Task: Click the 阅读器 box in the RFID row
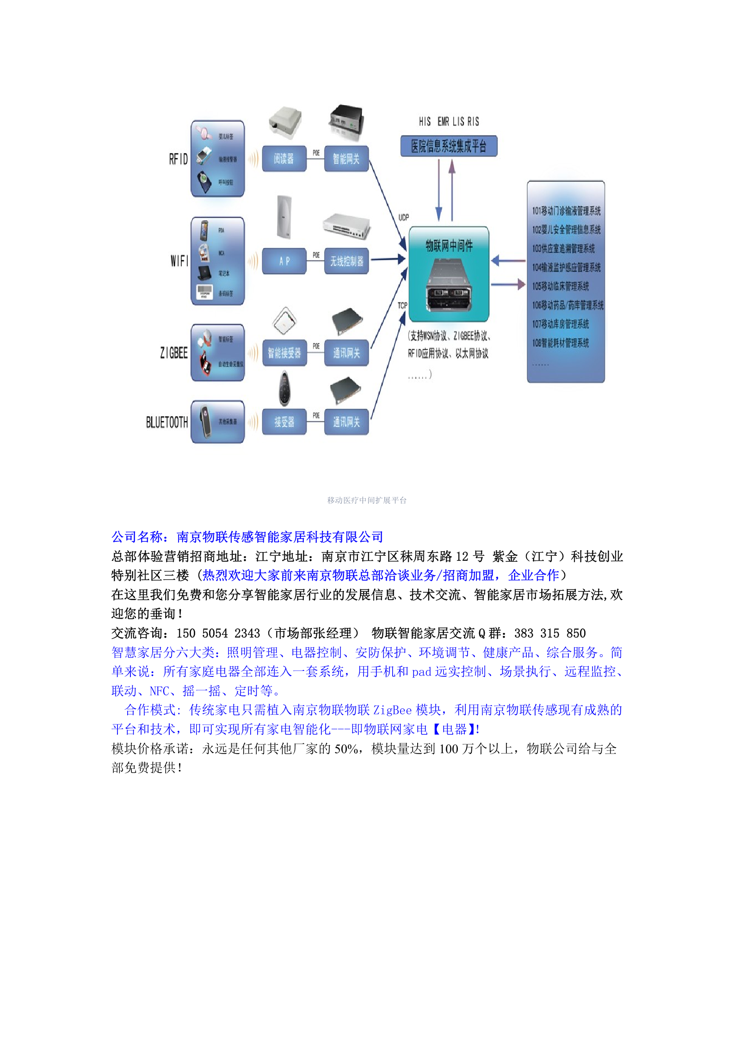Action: pos(284,159)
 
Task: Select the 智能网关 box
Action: pos(346,159)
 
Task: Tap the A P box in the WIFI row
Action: pos(284,261)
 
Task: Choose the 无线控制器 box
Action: pos(346,261)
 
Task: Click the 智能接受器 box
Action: pos(284,353)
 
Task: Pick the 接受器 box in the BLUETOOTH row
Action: pos(284,422)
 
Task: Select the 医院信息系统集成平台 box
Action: pos(449,146)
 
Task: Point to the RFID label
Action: pos(178,159)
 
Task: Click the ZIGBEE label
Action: pos(174,353)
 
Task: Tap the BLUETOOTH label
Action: pos(167,422)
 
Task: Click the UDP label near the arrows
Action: pos(403,217)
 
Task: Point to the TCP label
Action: pos(402,305)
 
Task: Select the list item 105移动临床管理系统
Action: pos(561,286)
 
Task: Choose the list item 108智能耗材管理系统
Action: pos(561,343)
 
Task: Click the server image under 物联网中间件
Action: pos(449,284)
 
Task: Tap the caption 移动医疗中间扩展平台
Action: pos(367,500)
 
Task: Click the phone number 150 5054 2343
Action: pos(218,633)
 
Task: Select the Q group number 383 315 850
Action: pos(549,633)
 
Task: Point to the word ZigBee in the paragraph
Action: pos(392,710)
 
